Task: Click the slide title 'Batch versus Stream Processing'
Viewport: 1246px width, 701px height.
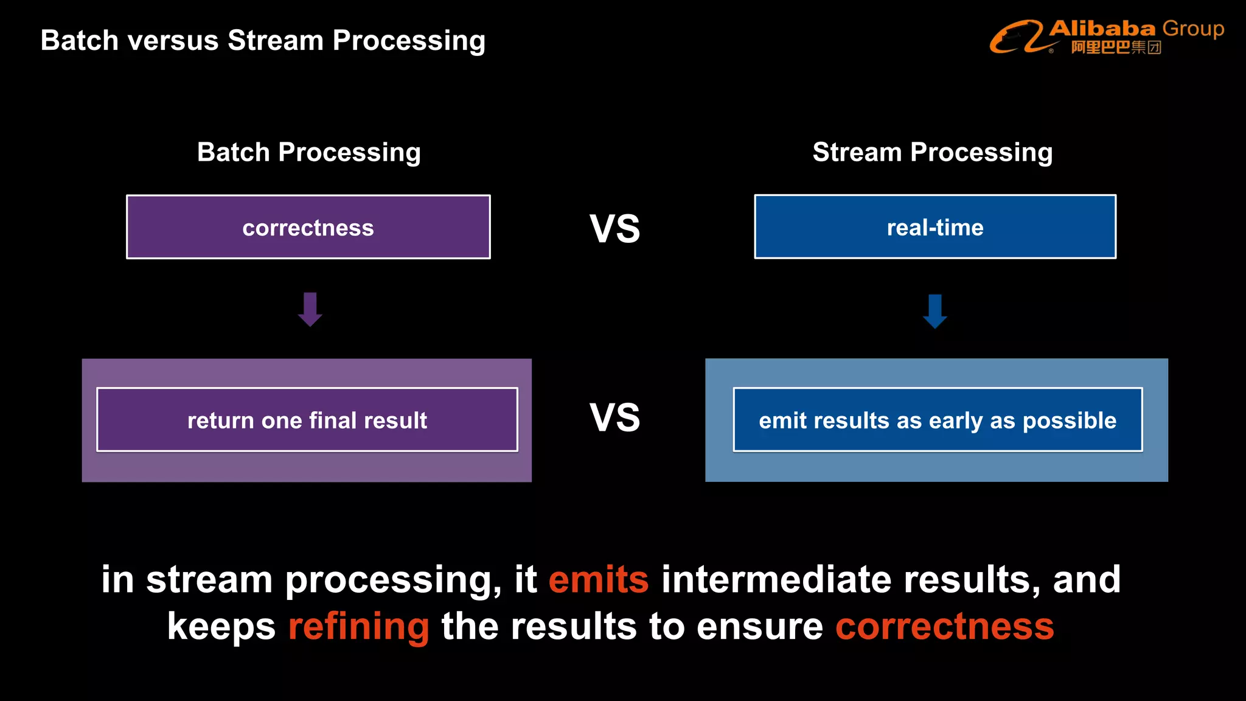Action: tap(263, 41)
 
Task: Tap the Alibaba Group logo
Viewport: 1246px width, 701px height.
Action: tap(1106, 37)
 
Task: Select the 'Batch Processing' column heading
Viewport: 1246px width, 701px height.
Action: tap(308, 152)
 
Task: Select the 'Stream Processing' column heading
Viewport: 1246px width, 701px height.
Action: tap(932, 152)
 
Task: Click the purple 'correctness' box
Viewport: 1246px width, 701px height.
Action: tap(308, 227)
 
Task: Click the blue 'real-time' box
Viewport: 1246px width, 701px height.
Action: tap(935, 227)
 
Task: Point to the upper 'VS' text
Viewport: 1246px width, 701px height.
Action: tap(614, 229)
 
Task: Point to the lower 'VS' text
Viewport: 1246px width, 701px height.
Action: tap(614, 418)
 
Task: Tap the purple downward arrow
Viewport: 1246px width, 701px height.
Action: tap(310, 309)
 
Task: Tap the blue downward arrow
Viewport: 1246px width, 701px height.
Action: tap(935, 311)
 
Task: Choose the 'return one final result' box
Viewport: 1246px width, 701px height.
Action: tap(307, 420)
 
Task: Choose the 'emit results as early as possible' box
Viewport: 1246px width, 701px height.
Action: tap(938, 420)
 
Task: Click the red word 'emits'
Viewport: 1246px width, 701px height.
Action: tap(599, 579)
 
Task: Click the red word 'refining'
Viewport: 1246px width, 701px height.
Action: tap(358, 627)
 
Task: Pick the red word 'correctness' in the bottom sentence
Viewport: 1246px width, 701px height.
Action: tap(944, 627)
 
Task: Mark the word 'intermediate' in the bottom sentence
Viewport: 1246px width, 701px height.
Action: tap(776, 579)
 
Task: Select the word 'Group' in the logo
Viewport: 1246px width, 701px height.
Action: tap(1192, 29)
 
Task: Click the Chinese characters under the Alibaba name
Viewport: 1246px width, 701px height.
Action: tap(1116, 47)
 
